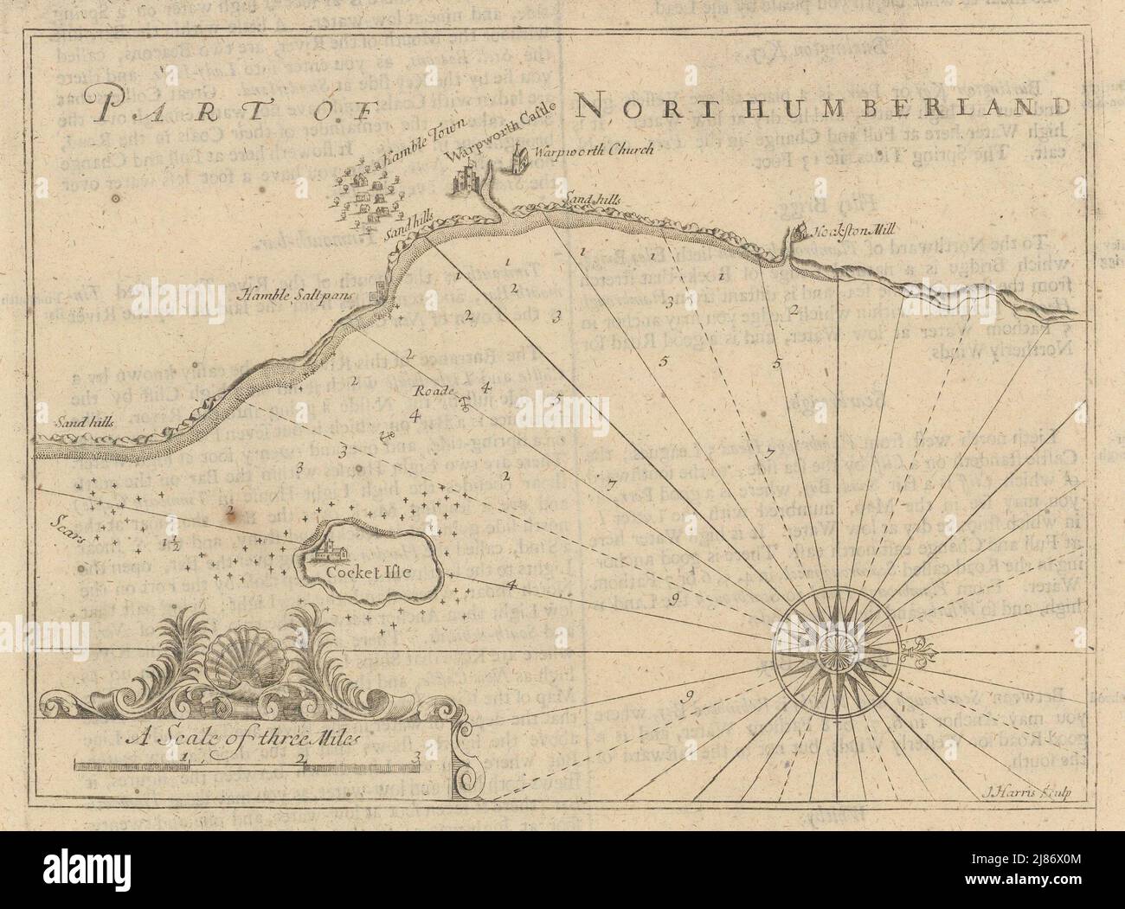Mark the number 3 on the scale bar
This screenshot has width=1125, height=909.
tap(417, 759)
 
